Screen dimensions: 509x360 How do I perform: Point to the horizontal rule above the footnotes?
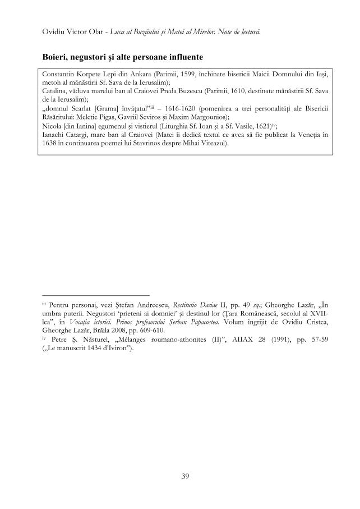pyautogui.click(x=96, y=294)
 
